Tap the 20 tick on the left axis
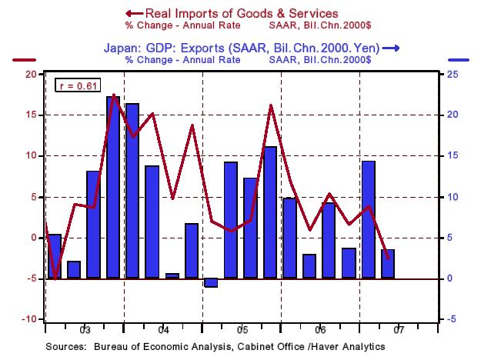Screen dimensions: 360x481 pyautogui.click(x=30, y=74)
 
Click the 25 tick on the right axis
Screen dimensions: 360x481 pyautogui.click(x=455, y=74)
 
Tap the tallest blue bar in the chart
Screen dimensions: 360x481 pyautogui.click(x=112, y=187)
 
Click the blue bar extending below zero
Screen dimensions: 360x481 pyautogui.click(x=211, y=282)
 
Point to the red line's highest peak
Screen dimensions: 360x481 pyautogui.click(x=113, y=95)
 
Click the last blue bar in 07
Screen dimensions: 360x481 pyautogui.click(x=389, y=263)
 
